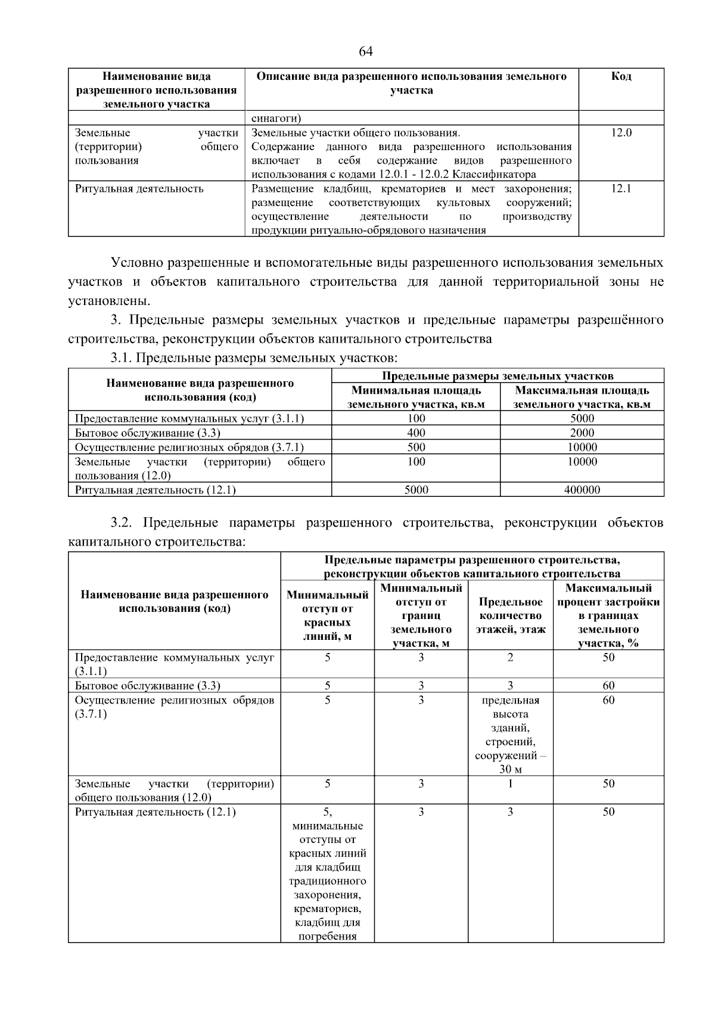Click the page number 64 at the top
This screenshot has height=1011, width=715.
pos(366,52)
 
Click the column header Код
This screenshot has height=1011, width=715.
pos(621,77)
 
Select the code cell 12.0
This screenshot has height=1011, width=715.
pos(621,133)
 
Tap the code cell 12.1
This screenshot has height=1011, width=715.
pos(621,189)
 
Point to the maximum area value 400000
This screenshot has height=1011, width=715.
pos(582,490)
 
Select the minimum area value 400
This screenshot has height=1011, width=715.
pos(416,433)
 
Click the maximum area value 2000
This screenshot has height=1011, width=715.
pos(582,433)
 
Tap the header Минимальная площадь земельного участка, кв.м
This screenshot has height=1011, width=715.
pos(416,397)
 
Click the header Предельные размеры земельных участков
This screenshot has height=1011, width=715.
pos(497,376)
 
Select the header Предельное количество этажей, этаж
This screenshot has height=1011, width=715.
pos(510,615)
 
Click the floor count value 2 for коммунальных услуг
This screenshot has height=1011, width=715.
pos(510,658)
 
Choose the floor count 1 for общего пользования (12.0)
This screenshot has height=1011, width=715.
pos(510,784)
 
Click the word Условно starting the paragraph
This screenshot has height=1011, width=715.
pos(137,263)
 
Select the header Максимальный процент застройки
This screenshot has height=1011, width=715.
pos(608,615)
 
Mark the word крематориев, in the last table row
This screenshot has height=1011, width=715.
pos(327,909)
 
